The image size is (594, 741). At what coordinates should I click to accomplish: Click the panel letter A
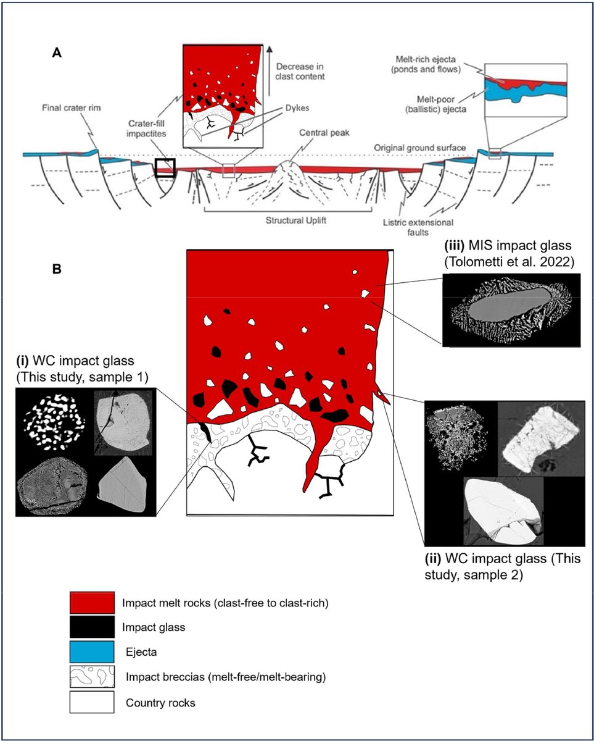pyautogui.click(x=57, y=54)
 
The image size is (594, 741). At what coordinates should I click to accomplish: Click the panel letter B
pyautogui.click(x=57, y=270)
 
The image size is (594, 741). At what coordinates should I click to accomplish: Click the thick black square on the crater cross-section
pyautogui.click(x=165, y=167)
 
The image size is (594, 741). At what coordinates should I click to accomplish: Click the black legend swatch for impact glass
pyautogui.click(x=92, y=627)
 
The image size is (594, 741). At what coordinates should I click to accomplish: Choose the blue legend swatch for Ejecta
pyautogui.click(x=92, y=652)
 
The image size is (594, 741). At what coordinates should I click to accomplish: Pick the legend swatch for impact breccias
pyautogui.click(x=92, y=677)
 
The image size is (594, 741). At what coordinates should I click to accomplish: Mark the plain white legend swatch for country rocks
pyautogui.click(x=92, y=703)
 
